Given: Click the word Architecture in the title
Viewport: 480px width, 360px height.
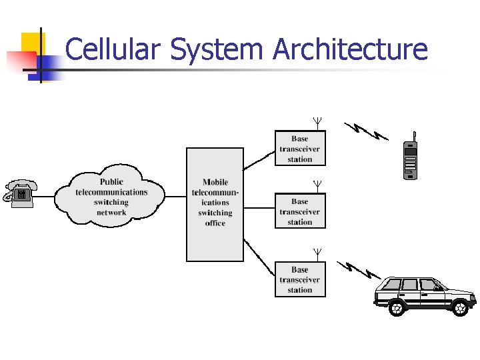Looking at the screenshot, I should click(351, 49).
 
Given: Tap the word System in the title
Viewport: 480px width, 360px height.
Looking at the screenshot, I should click(217, 51).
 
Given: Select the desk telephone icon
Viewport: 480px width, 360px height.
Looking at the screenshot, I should click(20, 193).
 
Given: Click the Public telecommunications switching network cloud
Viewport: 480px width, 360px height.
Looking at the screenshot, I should click(111, 197).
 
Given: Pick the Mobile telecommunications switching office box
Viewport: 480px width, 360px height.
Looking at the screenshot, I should click(215, 203).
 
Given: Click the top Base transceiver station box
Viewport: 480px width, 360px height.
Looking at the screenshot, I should click(300, 149).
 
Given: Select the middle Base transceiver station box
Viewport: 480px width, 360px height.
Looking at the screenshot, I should click(300, 211).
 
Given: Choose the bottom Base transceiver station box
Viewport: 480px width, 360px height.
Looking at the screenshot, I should click(300, 279).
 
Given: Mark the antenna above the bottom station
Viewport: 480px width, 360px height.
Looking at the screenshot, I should click(318, 253).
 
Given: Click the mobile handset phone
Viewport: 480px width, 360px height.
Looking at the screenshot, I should click(411, 159).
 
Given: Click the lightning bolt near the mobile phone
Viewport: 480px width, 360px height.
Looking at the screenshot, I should click(365, 131).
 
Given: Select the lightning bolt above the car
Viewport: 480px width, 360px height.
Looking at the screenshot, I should click(360, 269).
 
